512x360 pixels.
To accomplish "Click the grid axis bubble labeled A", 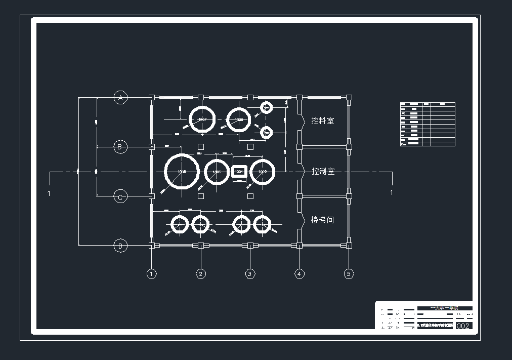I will coord(120,98).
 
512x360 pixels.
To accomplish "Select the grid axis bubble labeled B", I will coord(120,147).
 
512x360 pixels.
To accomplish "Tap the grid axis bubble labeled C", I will coord(120,196).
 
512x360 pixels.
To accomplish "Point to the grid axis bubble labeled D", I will coord(120,246).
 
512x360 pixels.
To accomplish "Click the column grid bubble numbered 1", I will coord(151,274).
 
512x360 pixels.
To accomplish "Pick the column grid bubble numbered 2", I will coord(201,274).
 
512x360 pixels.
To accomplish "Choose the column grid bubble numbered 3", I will coord(250,274).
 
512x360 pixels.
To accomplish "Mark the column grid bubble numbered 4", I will coord(300,274).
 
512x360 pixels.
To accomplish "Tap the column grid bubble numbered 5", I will coord(349,274).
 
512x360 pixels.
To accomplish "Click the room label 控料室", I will coord(323,121).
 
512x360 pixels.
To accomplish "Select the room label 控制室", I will coord(323,171).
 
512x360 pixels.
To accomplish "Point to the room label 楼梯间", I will coord(323,220).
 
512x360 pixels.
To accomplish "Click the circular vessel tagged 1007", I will coord(202,119).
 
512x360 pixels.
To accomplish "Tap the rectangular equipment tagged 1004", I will coord(239,172).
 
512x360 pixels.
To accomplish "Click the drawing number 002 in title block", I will coord(463,326).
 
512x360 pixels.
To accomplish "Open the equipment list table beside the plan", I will coord(428,124).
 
